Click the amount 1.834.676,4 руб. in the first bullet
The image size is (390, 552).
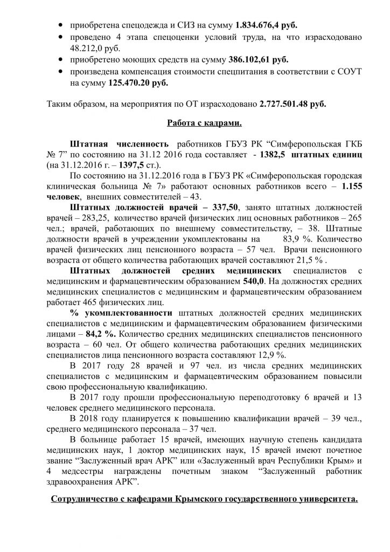266,25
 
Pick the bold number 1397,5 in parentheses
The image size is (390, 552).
171,164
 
